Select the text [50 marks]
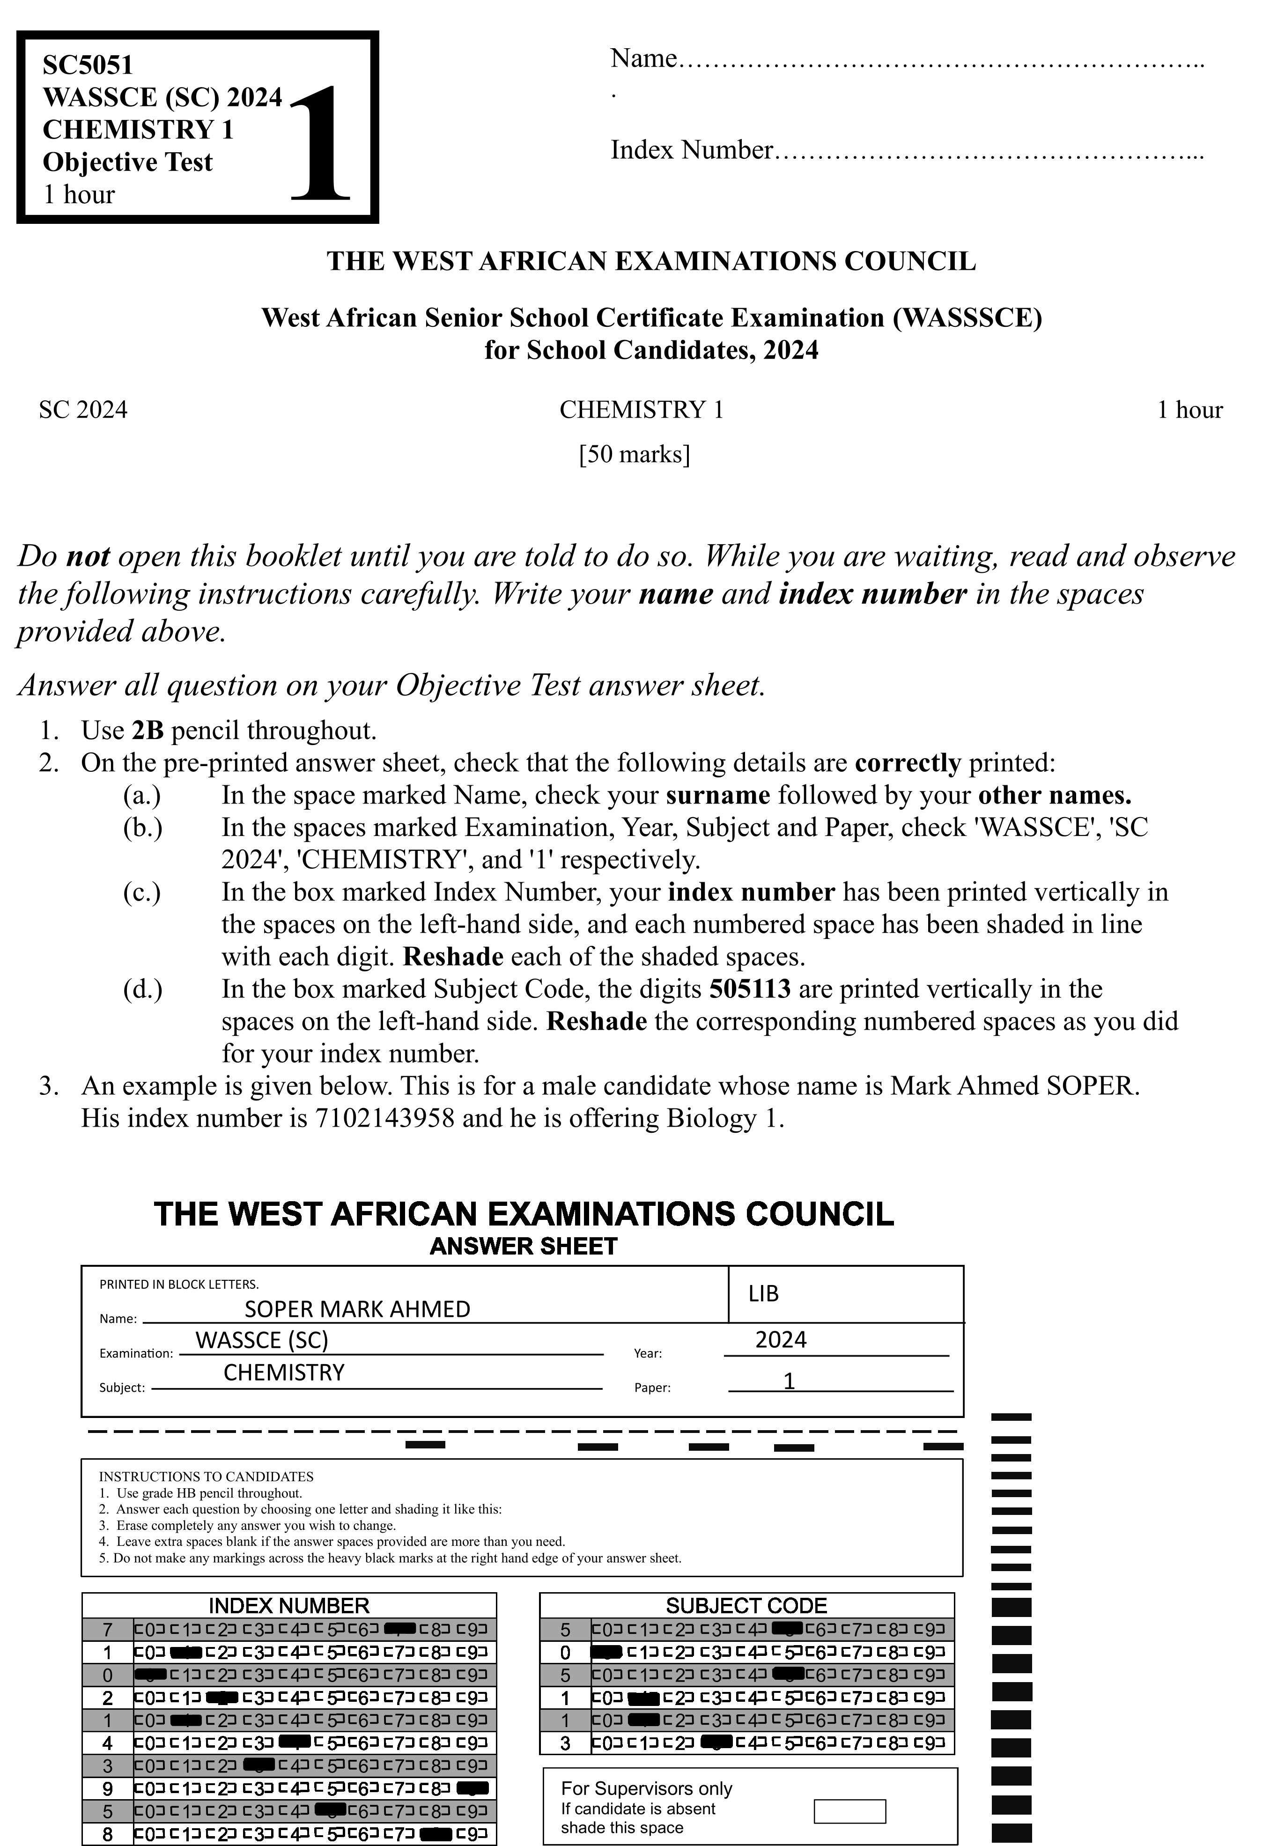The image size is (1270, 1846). (x=634, y=454)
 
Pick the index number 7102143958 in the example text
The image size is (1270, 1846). (x=385, y=1119)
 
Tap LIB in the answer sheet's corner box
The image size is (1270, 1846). (x=763, y=1294)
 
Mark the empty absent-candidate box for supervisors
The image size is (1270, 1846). (x=850, y=1812)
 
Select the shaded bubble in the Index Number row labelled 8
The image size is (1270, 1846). (x=436, y=1836)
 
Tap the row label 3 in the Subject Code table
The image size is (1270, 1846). (x=565, y=1744)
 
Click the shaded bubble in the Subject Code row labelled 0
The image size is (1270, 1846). (x=606, y=1653)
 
